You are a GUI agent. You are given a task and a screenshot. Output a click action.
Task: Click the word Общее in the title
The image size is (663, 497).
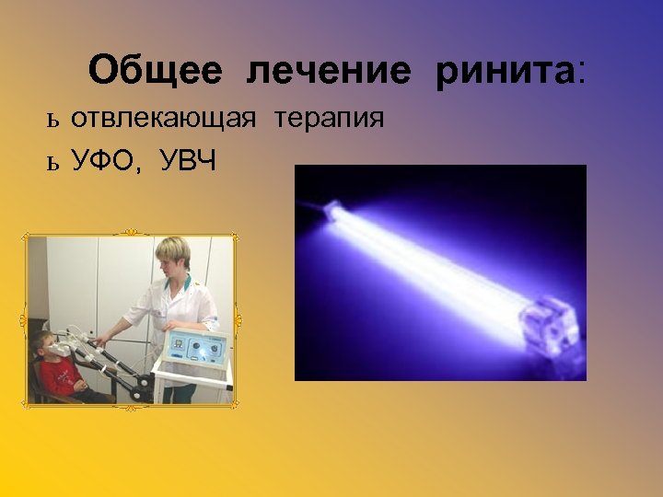156,71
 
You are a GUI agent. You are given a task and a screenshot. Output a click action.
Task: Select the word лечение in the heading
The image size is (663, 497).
329,71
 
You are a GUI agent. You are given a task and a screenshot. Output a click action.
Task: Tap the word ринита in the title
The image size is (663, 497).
504,71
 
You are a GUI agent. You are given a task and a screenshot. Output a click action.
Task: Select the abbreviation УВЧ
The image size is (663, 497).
189,163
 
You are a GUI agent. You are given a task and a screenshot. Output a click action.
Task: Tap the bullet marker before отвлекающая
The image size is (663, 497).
52,121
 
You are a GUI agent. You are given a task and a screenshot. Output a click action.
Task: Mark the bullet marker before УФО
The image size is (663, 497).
52,164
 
